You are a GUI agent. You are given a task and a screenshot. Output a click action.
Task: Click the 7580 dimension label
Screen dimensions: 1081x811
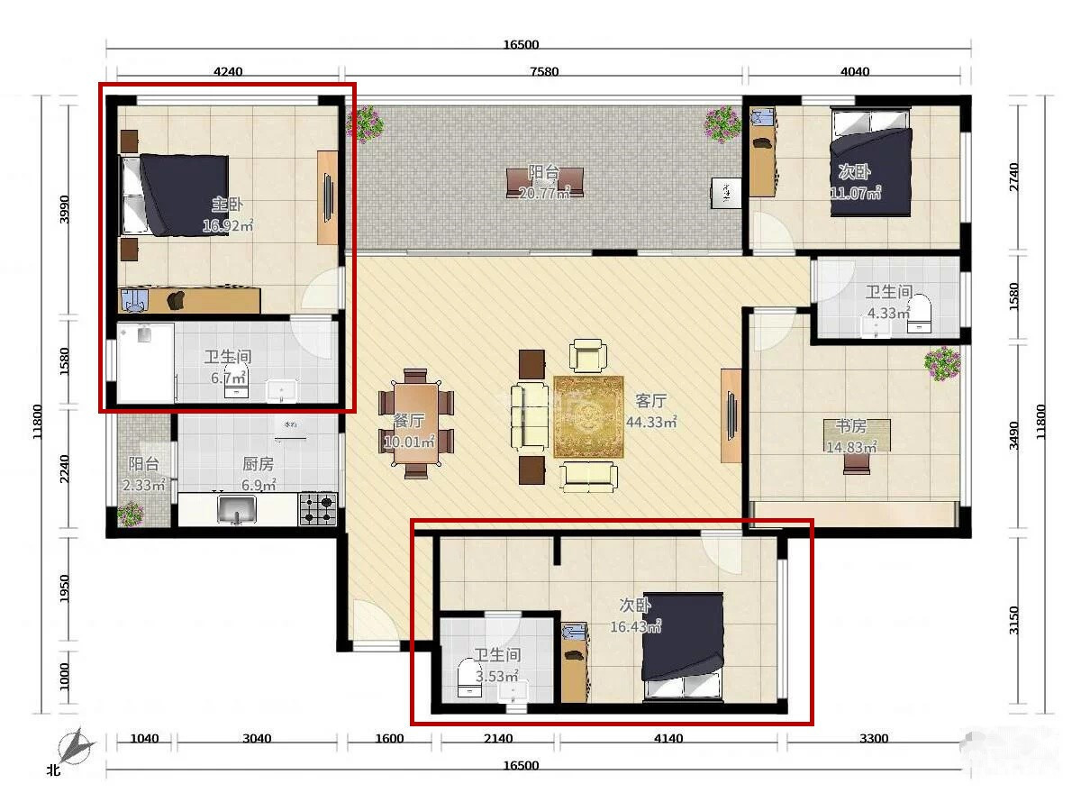544,72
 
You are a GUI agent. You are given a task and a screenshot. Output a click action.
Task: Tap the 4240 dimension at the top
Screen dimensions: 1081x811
228,72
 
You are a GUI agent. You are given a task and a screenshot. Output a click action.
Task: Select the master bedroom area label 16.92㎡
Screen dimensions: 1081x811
228,225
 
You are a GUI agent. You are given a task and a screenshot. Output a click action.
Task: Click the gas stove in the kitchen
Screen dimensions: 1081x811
318,509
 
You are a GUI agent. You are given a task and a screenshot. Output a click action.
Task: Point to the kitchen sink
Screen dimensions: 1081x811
237,509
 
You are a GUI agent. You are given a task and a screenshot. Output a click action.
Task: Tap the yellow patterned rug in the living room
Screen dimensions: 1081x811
588,417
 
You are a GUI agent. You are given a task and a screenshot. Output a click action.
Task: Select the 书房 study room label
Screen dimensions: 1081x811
851,425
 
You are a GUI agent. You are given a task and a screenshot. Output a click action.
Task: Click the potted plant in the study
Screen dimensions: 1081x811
942,364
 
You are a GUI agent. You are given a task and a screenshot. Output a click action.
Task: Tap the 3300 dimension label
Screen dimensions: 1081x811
874,738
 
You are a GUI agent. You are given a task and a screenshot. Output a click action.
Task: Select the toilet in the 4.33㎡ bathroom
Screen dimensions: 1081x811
919,314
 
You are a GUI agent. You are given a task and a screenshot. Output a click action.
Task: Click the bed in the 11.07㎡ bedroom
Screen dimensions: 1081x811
870,162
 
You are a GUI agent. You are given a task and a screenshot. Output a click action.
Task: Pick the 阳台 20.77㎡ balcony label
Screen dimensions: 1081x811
544,182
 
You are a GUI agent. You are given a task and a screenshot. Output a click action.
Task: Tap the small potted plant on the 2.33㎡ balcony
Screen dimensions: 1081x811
130,514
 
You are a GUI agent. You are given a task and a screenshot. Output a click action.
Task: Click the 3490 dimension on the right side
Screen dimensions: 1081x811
1013,435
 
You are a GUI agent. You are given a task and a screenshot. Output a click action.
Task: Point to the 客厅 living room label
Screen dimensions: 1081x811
650,401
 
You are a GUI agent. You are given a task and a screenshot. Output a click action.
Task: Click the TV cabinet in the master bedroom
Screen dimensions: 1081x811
328,197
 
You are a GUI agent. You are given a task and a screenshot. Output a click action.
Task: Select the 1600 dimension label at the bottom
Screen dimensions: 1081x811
389,738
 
